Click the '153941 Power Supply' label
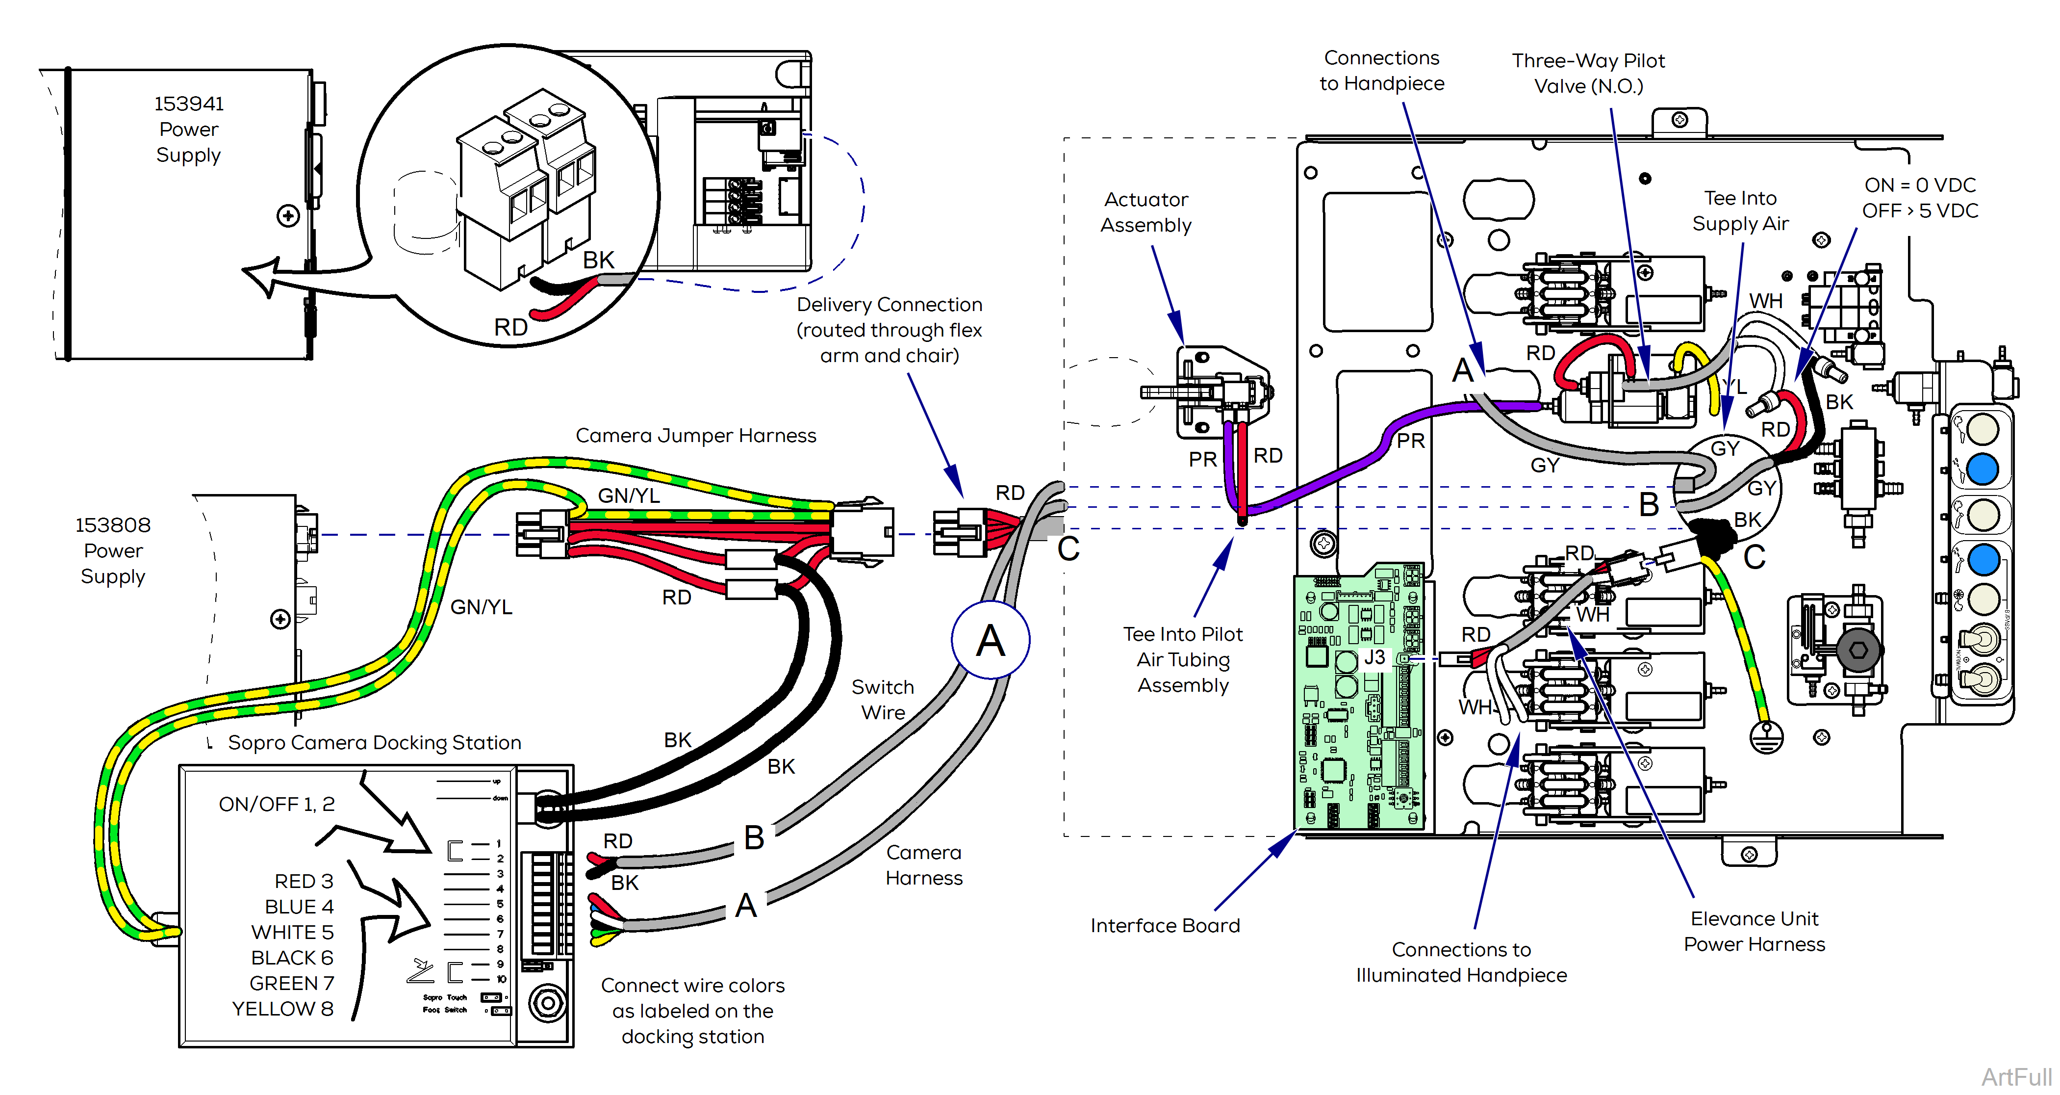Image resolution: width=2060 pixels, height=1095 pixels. tap(189, 129)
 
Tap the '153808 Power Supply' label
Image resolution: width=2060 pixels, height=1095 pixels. tap(113, 550)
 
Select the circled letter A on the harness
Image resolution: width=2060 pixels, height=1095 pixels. tap(990, 640)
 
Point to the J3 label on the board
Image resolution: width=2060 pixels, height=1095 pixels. tap(1374, 657)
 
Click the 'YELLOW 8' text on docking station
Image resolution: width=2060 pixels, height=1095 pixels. tap(282, 1009)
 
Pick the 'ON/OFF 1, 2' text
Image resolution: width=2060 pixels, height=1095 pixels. tap(277, 804)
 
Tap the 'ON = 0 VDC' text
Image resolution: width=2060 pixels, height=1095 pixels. tap(1919, 185)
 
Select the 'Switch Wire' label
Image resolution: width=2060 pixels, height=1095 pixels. tap(882, 699)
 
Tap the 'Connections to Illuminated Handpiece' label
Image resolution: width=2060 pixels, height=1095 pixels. tap(1461, 962)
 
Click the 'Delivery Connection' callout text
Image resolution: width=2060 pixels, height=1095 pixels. tap(889, 305)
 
